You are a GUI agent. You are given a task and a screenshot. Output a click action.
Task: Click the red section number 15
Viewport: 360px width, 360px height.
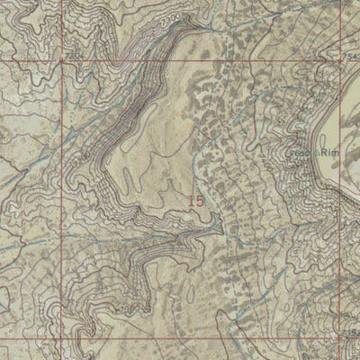click(x=196, y=202)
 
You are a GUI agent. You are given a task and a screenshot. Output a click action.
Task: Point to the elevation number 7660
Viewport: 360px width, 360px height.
click(x=322, y=154)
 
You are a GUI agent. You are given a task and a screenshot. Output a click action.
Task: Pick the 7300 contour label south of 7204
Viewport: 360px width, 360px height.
click(x=83, y=159)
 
